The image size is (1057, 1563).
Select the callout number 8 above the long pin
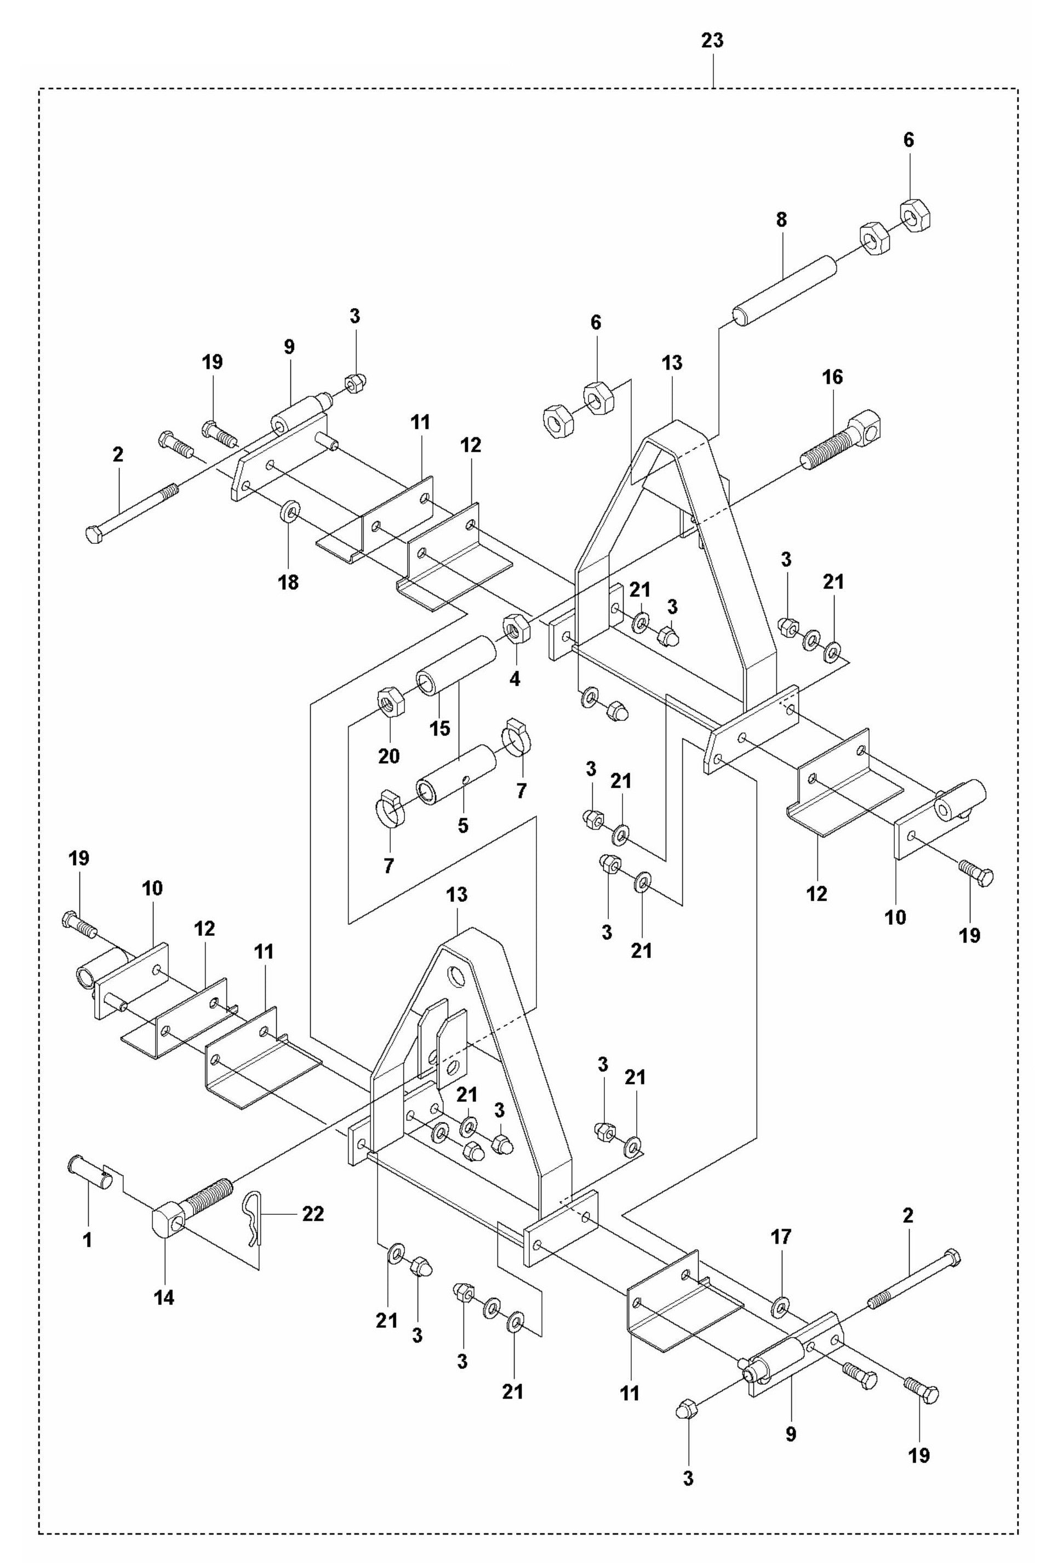coord(781,220)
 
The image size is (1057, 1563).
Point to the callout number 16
coord(832,377)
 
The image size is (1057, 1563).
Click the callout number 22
coord(313,1213)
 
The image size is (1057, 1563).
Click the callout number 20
coord(388,756)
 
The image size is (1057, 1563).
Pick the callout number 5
coord(462,825)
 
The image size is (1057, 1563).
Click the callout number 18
coord(288,582)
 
